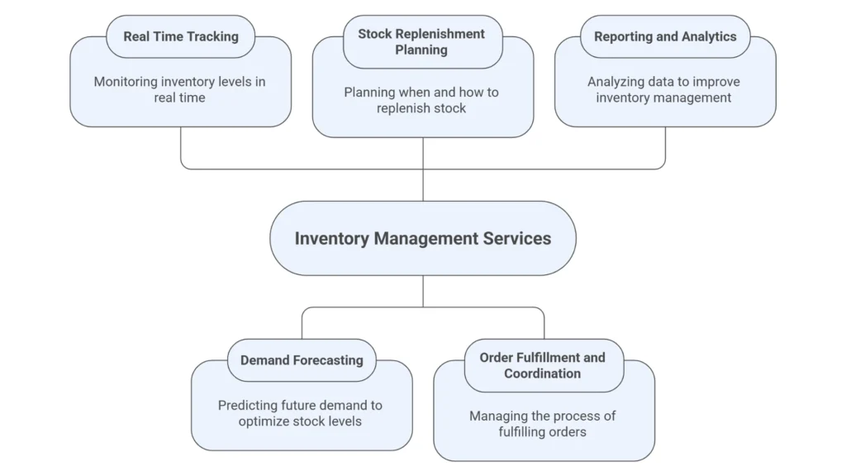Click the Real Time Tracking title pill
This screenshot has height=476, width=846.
click(180, 36)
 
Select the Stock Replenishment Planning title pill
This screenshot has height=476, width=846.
click(422, 42)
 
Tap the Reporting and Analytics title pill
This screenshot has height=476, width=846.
click(664, 36)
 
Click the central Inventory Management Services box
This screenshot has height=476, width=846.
click(422, 238)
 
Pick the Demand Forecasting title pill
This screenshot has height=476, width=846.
click(302, 360)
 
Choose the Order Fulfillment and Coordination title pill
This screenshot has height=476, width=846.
click(543, 365)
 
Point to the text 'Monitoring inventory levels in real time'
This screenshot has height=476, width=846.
click(179, 89)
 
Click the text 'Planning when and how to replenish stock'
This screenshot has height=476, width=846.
click(422, 100)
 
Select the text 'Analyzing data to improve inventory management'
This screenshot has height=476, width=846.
click(664, 89)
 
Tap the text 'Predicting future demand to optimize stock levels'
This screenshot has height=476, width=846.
click(301, 413)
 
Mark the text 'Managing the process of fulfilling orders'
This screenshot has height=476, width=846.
click(543, 424)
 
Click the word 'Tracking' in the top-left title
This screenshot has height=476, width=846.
click(211, 36)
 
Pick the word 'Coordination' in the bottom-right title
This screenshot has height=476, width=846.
click(543, 374)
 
